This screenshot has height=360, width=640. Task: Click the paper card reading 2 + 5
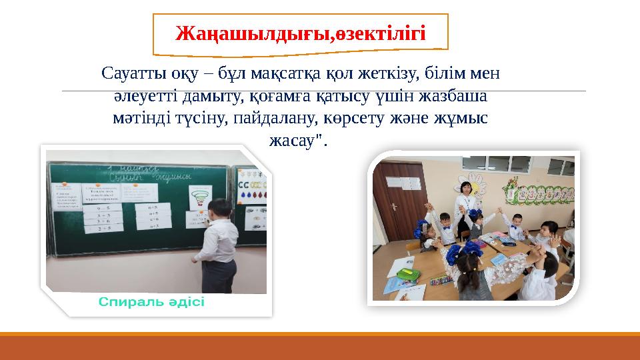tap(102, 229)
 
